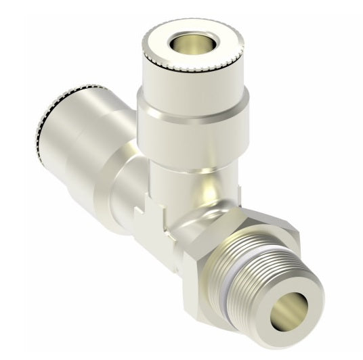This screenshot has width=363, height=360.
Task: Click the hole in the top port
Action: coord(181,45)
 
